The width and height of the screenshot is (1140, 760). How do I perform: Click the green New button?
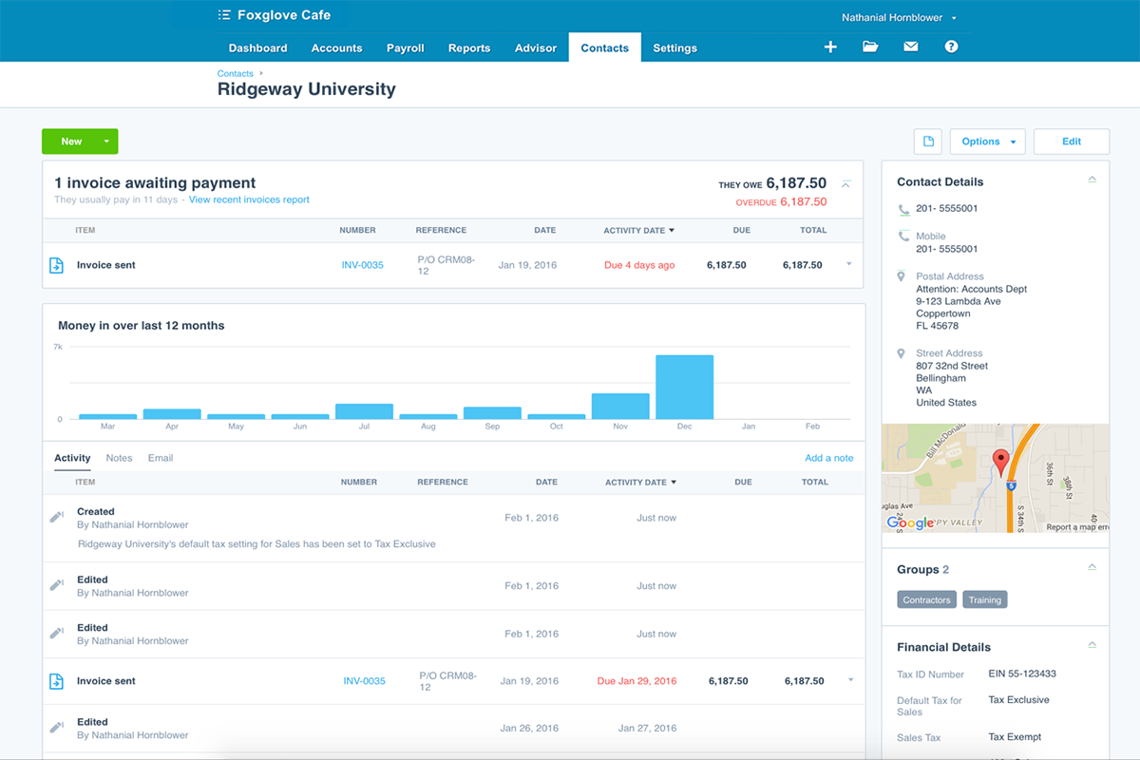(72, 142)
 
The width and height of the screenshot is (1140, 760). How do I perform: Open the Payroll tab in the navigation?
(405, 48)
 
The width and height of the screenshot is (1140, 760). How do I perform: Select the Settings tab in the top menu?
(674, 48)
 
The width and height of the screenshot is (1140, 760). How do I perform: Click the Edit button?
(1071, 142)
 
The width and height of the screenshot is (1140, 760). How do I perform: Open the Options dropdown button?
(987, 142)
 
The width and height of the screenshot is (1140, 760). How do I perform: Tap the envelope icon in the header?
(910, 47)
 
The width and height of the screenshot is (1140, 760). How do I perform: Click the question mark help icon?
(951, 47)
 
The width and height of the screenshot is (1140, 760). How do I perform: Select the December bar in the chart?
(684, 387)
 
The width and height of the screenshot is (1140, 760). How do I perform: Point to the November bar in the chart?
(620, 406)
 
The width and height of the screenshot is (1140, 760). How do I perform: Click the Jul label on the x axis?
(364, 427)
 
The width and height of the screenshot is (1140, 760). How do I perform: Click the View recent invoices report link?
(249, 199)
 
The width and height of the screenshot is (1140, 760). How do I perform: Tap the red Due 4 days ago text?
(639, 265)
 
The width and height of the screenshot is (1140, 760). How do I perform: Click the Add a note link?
(828, 458)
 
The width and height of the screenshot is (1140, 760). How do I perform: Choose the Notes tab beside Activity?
(119, 458)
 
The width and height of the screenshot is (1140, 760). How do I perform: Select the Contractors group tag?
(926, 599)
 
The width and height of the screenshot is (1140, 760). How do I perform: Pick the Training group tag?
(984, 599)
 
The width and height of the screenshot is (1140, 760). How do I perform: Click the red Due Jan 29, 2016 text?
(636, 681)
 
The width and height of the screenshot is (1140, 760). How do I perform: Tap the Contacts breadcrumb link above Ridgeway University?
(235, 73)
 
